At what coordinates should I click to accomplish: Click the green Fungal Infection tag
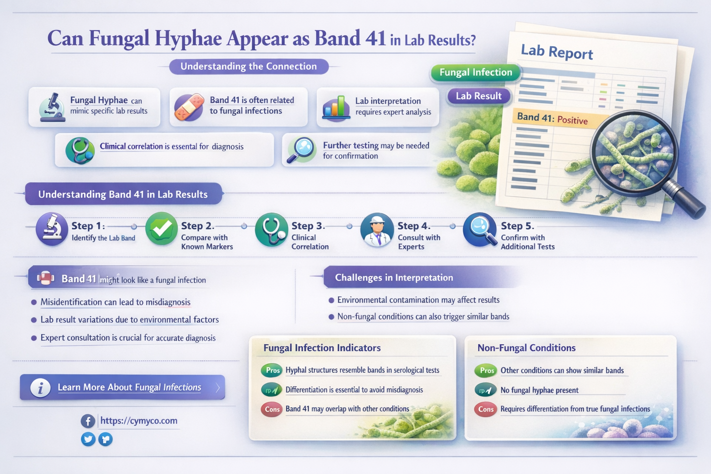point(475,73)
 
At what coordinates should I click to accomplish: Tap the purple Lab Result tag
point(479,96)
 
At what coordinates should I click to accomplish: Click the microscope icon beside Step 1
point(51,229)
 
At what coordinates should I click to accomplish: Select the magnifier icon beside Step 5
point(480,229)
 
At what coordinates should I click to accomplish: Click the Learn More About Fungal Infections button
point(123,387)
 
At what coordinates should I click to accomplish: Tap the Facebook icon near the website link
point(88,421)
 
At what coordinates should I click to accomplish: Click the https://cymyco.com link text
point(139,421)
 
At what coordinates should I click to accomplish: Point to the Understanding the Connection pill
point(249,67)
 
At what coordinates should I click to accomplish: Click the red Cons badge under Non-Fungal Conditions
point(486,409)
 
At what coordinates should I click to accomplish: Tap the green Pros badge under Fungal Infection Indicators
point(272,370)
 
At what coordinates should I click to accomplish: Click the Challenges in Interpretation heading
point(394,278)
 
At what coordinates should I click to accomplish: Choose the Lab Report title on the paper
point(557,52)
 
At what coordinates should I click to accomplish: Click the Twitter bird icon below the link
point(88,439)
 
